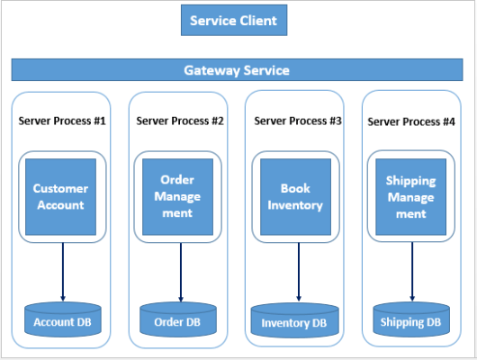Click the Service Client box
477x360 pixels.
(233, 20)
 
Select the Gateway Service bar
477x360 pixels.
(237, 69)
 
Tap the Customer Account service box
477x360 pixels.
(60, 196)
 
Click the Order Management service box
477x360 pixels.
(177, 196)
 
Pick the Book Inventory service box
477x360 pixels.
(295, 196)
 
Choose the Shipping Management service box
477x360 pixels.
(410, 196)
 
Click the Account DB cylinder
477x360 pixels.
(62, 319)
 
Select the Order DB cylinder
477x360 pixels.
(177, 320)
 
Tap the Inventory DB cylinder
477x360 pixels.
(296, 320)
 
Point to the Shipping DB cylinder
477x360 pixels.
(411, 319)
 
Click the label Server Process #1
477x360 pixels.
(62, 120)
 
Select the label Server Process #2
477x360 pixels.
(179, 120)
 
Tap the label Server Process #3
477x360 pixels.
(298, 120)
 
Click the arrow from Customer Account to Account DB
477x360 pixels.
(63, 270)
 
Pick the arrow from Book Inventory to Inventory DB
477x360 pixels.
(296, 270)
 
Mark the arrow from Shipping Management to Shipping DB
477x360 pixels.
(411, 270)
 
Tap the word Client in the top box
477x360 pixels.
(257, 20)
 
